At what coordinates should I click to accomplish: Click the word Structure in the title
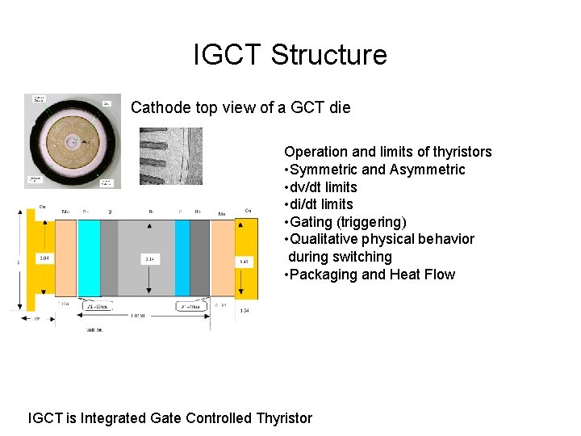(x=329, y=55)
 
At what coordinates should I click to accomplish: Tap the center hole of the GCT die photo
(x=73, y=141)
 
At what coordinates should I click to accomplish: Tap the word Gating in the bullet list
(x=311, y=222)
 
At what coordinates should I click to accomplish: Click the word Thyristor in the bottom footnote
(x=283, y=417)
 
